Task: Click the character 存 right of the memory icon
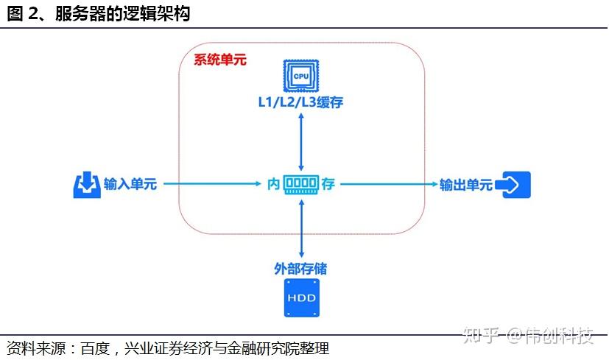328,184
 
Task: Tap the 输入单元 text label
130,184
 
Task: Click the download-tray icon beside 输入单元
87,185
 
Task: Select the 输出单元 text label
466,184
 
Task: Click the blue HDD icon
300,298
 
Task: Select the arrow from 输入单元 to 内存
214,184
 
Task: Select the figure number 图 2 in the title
24,13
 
